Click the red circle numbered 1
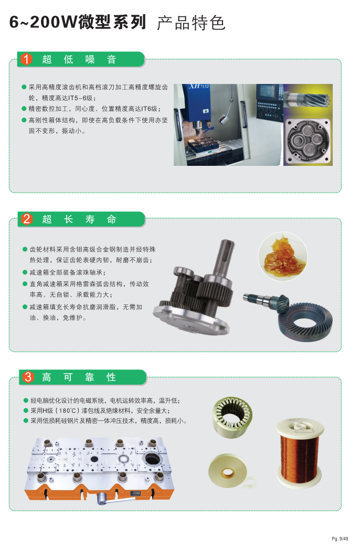coord(26,59)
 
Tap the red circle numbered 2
coord(27,219)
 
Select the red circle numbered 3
coord(28,377)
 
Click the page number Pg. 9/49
coord(340,539)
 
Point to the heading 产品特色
coord(191,23)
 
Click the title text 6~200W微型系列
coord(78,22)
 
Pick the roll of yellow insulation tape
coord(229,471)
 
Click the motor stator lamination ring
coord(232,417)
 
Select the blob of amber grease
coord(283,256)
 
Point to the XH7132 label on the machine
coord(199,86)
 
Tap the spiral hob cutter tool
coord(307,99)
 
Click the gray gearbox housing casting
coord(308,141)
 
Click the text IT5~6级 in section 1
coord(80,98)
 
